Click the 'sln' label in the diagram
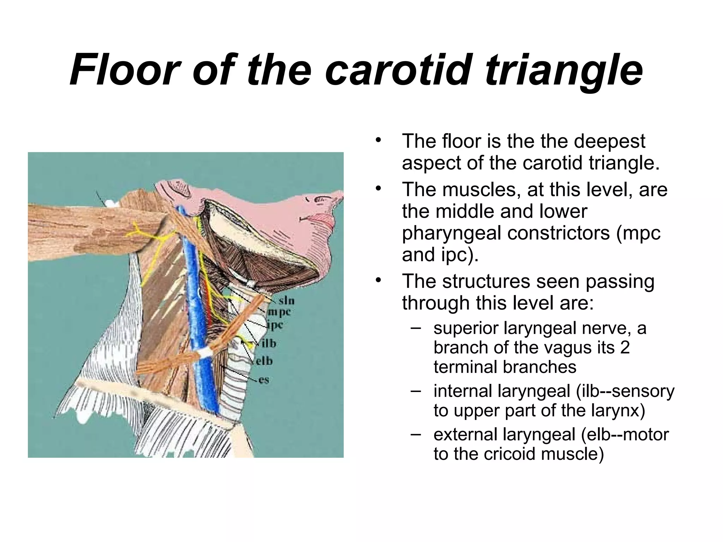coord(286,301)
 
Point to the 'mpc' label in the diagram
coord(279,312)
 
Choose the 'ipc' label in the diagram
coord(275,325)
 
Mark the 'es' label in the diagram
coord(263,380)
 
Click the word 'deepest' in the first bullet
coord(609,141)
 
